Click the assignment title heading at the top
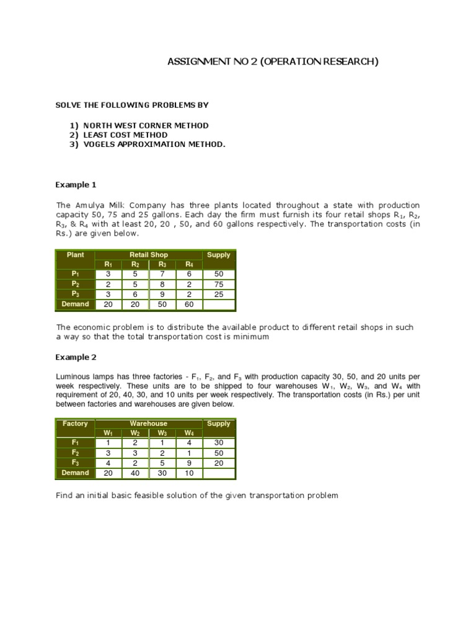[273, 61]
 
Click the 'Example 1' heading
[76, 185]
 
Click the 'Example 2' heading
[76, 357]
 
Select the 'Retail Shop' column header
[149, 255]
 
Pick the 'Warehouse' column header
[149, 424]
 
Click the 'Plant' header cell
[75, 255]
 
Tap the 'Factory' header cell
[75, 424]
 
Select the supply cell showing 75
[219, 285]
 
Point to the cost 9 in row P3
[162, 295]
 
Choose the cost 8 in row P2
[162, 285]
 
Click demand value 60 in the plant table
[190, 304]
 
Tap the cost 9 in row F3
[190, 463]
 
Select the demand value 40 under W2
[135, 473]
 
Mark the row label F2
[75, 453]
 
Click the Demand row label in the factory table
[75, 473]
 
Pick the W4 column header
[190, 433]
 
